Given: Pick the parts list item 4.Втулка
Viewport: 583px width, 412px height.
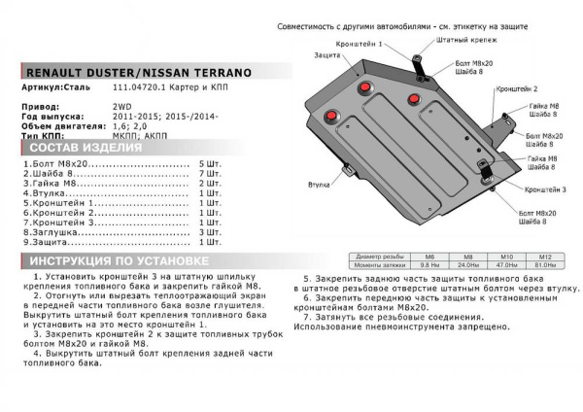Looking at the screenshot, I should [45, 193].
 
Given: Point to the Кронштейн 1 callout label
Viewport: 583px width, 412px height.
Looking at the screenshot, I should [359, 46].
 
